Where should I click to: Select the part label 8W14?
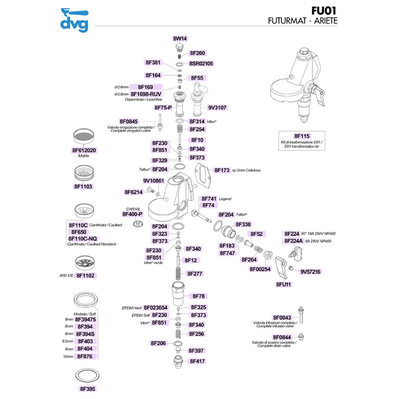pos(180,38)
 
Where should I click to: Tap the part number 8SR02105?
pos(201,64)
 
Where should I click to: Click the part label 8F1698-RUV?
pos(146,94)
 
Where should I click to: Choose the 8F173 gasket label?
pos(222,170)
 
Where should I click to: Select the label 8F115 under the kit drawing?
pos(302,136)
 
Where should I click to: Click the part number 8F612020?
pos(84,150)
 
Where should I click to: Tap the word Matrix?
pos(84,156)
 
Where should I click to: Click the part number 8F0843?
pos(282,318)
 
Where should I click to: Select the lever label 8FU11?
pos(283,284)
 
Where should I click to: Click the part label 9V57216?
pos(310,272)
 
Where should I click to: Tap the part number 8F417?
pos(198,361)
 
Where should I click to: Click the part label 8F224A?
pos(294,240)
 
